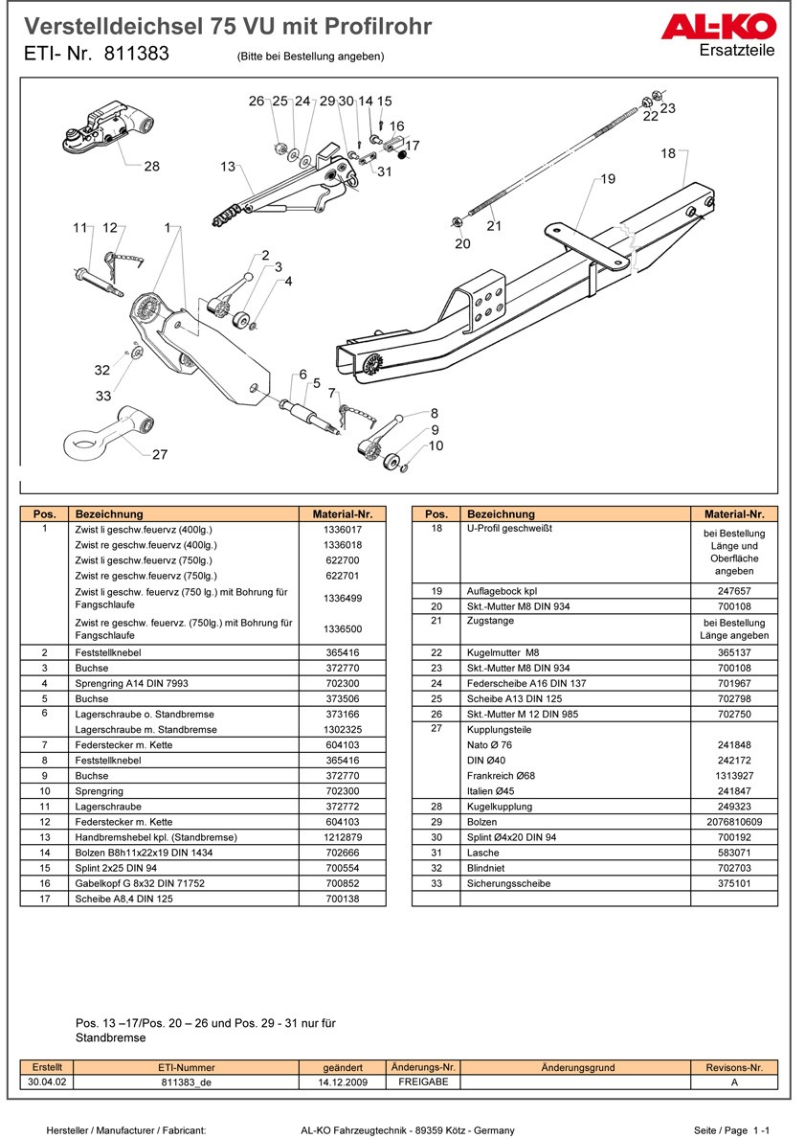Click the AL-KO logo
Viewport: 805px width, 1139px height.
click(732, 27)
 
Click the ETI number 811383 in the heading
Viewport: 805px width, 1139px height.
click(136, 55)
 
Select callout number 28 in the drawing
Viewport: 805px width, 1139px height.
click(151, 167)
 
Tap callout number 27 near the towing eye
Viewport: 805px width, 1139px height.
click(160, 455)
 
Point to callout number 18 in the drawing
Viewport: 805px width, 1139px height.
click(667, 153)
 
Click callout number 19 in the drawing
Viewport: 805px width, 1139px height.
click(608, 179)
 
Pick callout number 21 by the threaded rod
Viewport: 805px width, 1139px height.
click(494, 226)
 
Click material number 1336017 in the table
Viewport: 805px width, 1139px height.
click(342, 529)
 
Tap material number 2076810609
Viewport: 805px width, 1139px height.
click(734, 822)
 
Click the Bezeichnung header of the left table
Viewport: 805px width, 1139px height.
click(109, 514)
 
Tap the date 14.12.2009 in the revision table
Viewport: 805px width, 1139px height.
click(343, 1082)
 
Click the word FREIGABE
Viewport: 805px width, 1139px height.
click(422, 1082)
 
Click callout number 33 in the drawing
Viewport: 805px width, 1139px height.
click(103, 397)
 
